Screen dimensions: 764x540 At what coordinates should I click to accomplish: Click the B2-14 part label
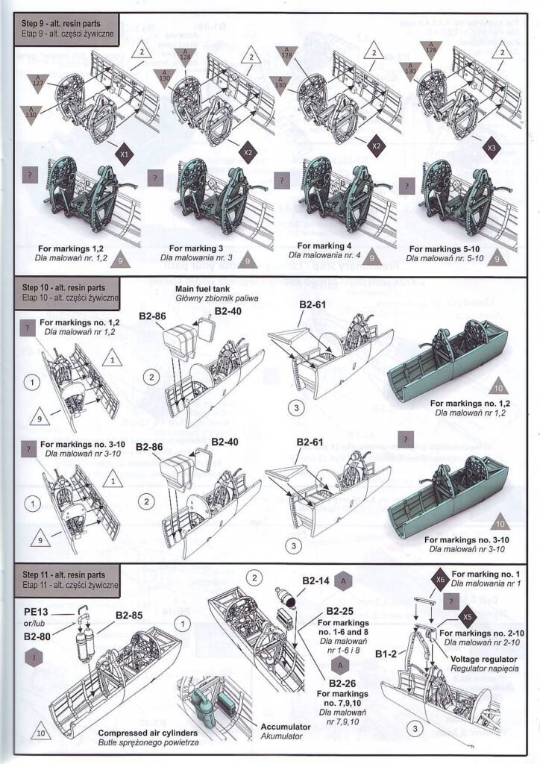point(316,580)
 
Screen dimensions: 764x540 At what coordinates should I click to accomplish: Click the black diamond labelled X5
point(468,617)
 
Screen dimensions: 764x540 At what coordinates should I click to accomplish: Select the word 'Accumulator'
point(283,726)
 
